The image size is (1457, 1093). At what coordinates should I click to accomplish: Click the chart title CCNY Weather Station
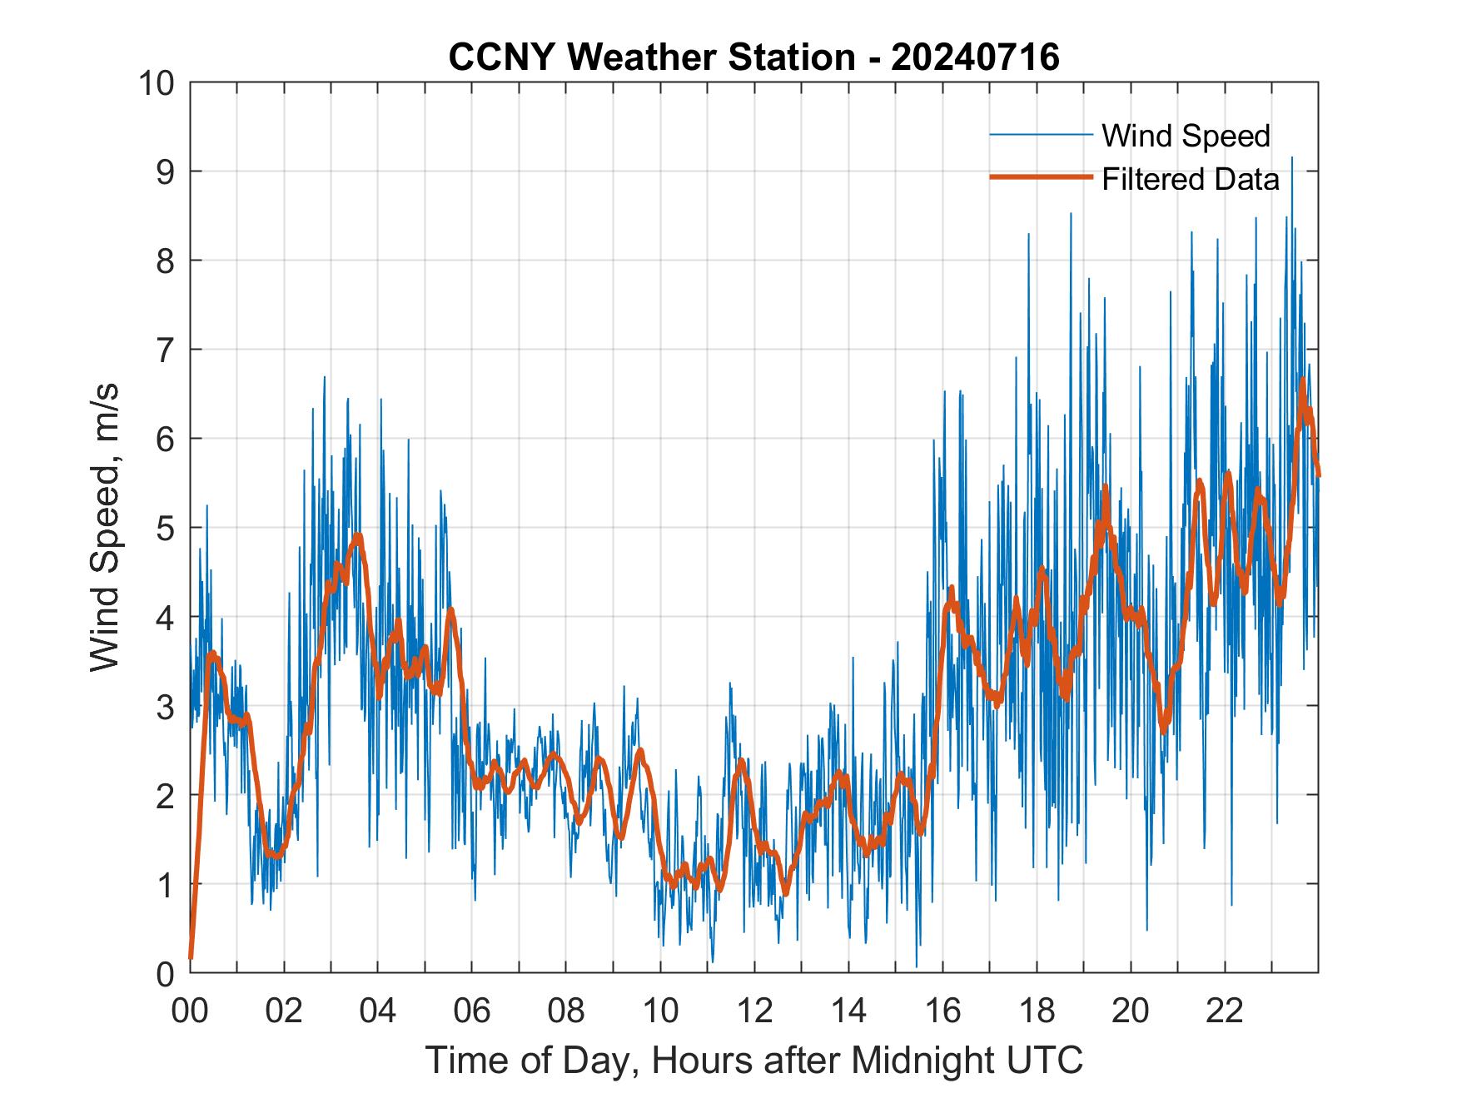coord(651,57)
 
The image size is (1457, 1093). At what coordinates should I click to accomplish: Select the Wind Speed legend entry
coord(1186,136)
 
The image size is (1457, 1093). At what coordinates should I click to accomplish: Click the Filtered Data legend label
coord(1191,179)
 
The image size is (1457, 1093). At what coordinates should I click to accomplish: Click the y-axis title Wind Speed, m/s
coord(105,527)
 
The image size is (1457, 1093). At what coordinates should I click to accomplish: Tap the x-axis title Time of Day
coord(754,1060)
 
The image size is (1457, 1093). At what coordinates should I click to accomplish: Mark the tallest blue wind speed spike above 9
coord(1291,158)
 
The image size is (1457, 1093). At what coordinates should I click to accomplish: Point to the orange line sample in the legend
coord(1041,177)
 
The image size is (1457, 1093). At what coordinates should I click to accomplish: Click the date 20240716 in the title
coord(975,57)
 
